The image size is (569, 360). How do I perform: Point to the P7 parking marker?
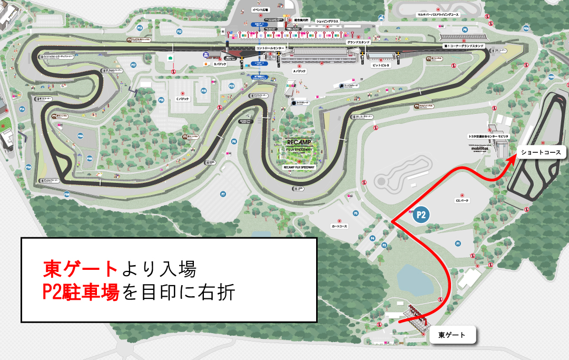223,194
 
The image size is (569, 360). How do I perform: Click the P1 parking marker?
458,244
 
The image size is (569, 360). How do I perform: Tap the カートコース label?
340,226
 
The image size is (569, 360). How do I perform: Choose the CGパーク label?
462,200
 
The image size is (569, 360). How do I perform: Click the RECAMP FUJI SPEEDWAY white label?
299,167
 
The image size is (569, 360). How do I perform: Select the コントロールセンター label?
270,48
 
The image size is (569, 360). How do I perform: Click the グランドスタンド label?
358,42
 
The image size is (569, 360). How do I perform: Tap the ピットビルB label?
380,65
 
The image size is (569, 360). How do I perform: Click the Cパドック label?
182,99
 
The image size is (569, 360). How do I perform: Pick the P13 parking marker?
140,27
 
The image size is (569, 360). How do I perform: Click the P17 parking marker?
134,65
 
